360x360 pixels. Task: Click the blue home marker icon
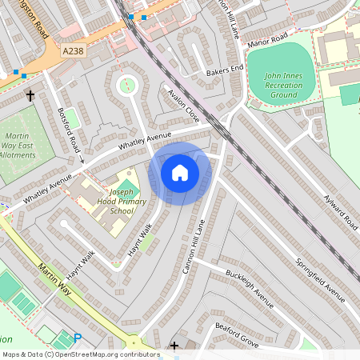180,172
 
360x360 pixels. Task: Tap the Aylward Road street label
341,205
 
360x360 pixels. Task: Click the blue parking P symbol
78,339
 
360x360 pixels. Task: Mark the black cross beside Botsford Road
30,95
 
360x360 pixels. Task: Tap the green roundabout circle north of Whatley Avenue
126,82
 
